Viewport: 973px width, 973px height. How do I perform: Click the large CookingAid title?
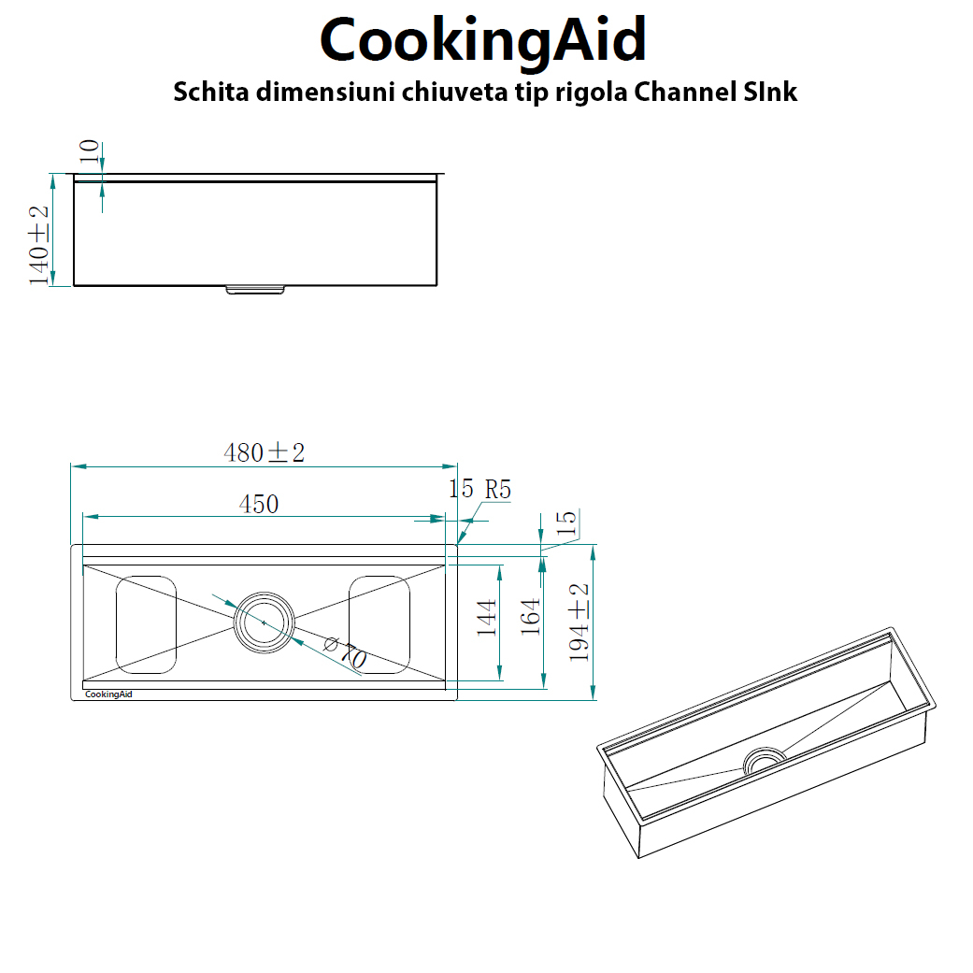coord(483,39)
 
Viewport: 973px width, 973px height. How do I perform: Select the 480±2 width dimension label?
coord(265,453)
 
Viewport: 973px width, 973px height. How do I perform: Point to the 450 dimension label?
coord(259,505)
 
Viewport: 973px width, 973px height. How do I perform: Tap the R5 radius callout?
coord(493,489)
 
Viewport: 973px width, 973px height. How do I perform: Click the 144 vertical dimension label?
coord(487,618)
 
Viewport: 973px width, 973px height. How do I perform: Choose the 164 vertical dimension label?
coord(530,618)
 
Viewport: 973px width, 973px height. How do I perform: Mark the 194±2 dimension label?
coord(580,622)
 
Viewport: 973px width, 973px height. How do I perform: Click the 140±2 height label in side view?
coord(39,246)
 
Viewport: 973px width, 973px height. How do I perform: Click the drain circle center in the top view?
coord(264,622)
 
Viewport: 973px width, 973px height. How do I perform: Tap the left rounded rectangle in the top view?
coord(146,623)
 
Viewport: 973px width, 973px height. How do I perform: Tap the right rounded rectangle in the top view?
coord(379,623)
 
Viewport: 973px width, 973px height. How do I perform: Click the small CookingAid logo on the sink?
coord(108,694)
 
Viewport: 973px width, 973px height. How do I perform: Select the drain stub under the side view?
coord(255,290)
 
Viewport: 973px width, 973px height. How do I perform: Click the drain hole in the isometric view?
coord(765,759)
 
